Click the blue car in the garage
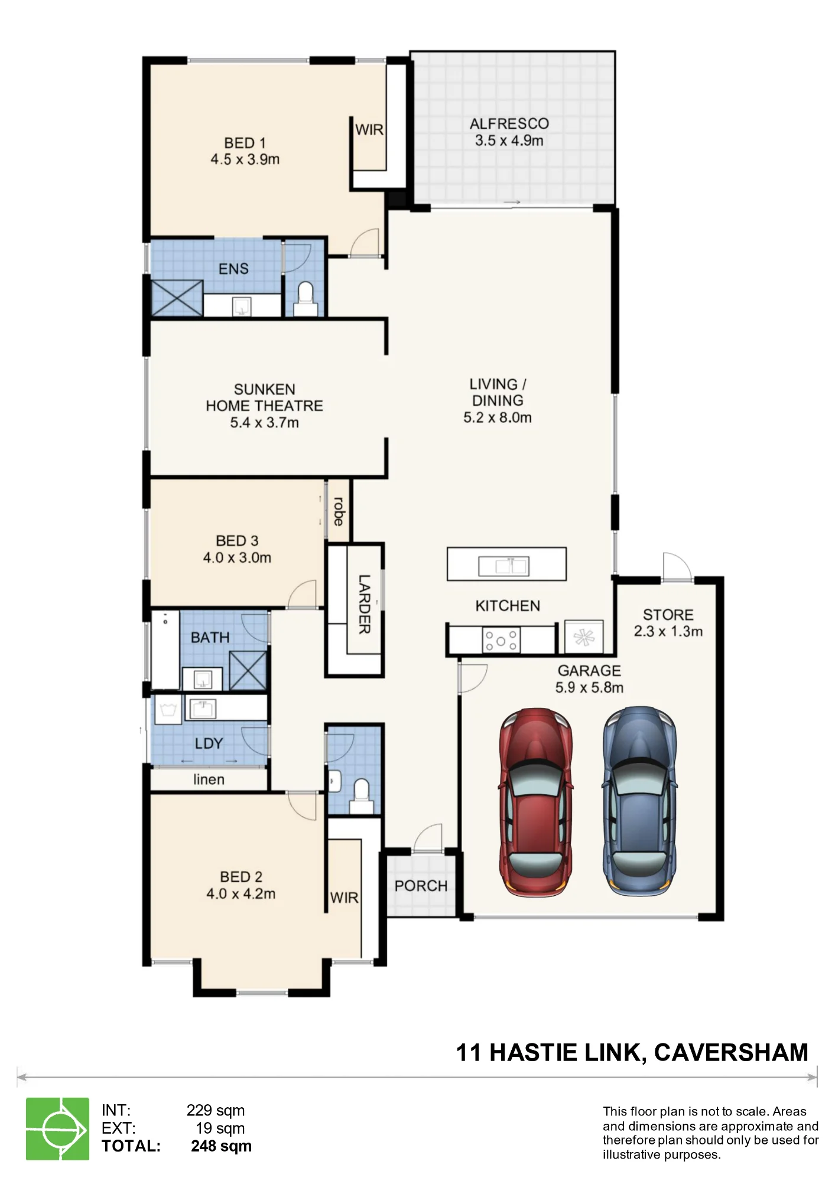click(x=639, y=801)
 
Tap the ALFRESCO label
click(x=509, y=124)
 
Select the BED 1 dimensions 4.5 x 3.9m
click(x=245, y=159)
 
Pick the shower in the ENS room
click(x=177, y=298)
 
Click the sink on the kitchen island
click(x=503, y=566)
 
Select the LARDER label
click(x=365, y=604)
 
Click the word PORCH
click(x=421, y=886)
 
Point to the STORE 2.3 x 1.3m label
click(x=668, y=623)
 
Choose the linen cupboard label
click(x=209, y=779)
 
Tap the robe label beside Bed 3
click(x=339, y=511)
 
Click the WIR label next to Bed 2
click(x=344, y=898)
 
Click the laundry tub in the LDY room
click(x=168, y=709)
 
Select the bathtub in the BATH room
click(x=165, y=650)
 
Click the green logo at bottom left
click(x=57, y=1128)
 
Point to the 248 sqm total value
click(x=221, y=1146)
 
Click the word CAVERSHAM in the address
click(x=732, y=1053)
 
